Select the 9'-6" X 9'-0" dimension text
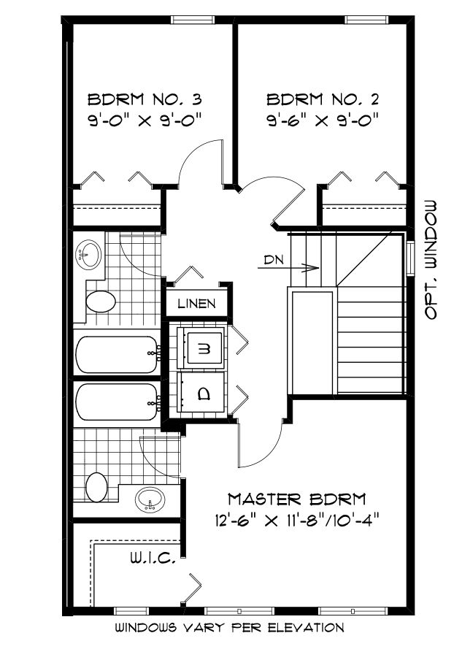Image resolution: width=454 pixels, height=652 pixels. pos(322,119)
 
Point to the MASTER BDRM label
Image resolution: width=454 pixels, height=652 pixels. pos(297,500)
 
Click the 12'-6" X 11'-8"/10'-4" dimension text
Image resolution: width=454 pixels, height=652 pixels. pos(297,521)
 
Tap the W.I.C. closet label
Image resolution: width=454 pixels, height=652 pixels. pos(151,559)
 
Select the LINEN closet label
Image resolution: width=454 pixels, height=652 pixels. pos(196,303)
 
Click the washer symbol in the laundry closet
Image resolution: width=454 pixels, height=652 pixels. pos(202,349)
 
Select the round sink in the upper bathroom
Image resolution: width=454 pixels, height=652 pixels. pos(88,253)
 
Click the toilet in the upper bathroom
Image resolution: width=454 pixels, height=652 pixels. pos(100,302)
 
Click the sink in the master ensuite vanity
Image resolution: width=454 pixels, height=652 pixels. pos(151,500)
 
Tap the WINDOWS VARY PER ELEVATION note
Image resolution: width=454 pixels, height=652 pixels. pos(228,627)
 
